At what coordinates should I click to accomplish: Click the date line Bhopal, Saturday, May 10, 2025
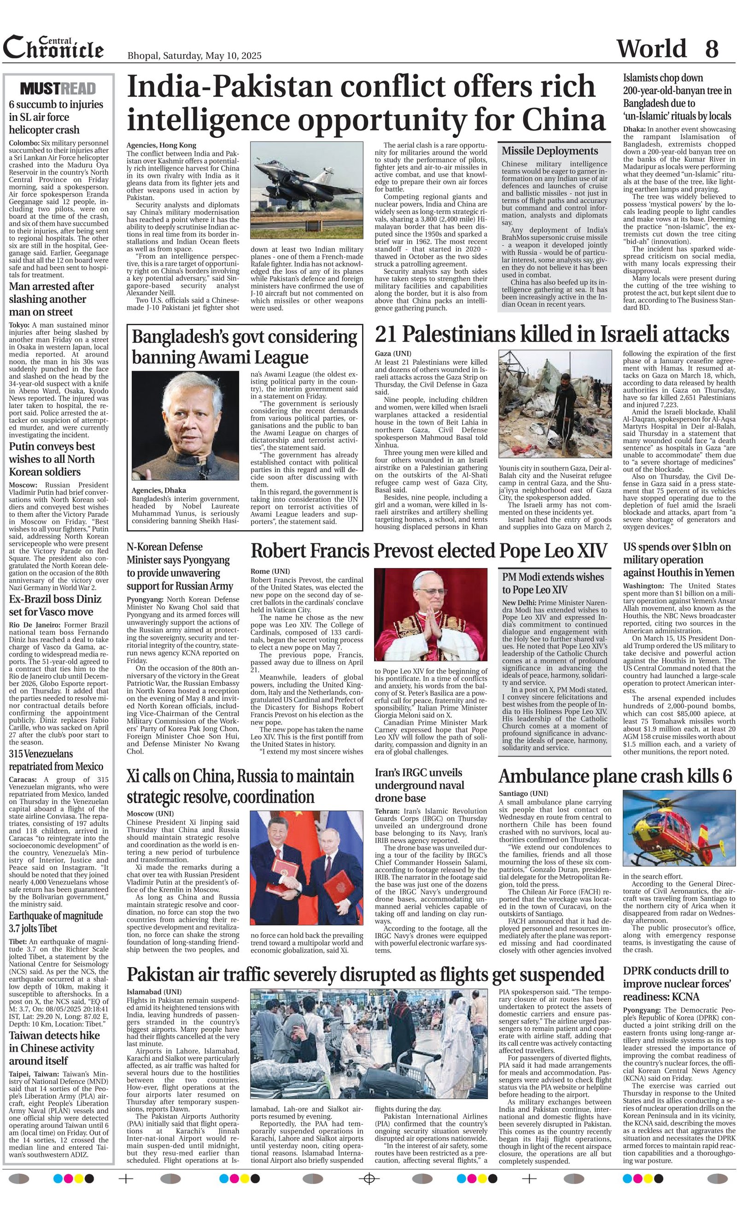[194, 56]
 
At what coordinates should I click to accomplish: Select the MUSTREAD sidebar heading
[58, 89]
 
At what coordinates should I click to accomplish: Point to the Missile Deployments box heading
[550, 151]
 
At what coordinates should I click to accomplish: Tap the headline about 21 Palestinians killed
[552, 334]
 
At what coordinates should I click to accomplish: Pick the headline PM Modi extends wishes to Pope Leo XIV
[553, 583]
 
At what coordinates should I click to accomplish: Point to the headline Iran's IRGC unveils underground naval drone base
[419, 785]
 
